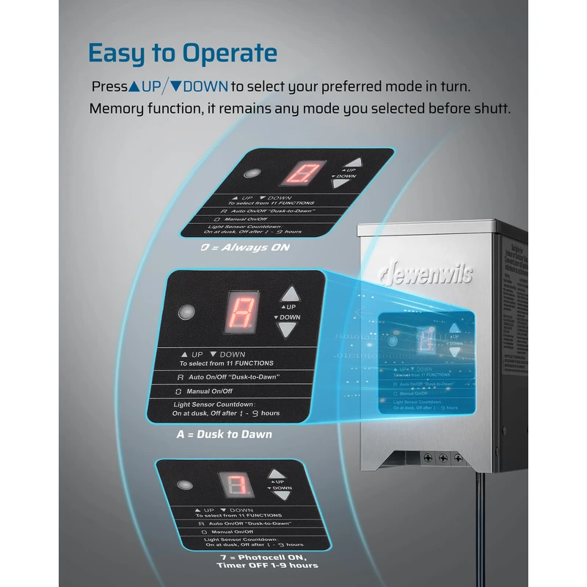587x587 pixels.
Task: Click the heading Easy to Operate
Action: (x=182, y=53)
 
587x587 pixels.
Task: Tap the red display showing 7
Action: (x=236, y=485)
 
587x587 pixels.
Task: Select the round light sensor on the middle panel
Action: (x=187, y=310)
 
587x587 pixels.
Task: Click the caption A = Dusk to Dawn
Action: (x=224, y=434)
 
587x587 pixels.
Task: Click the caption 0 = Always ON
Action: (x=245, y=247)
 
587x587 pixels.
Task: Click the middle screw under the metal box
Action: (x=442, y=457)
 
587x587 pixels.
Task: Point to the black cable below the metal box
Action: (x=480, y=528)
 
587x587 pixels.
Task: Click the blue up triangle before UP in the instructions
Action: (x=134, y=87)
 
